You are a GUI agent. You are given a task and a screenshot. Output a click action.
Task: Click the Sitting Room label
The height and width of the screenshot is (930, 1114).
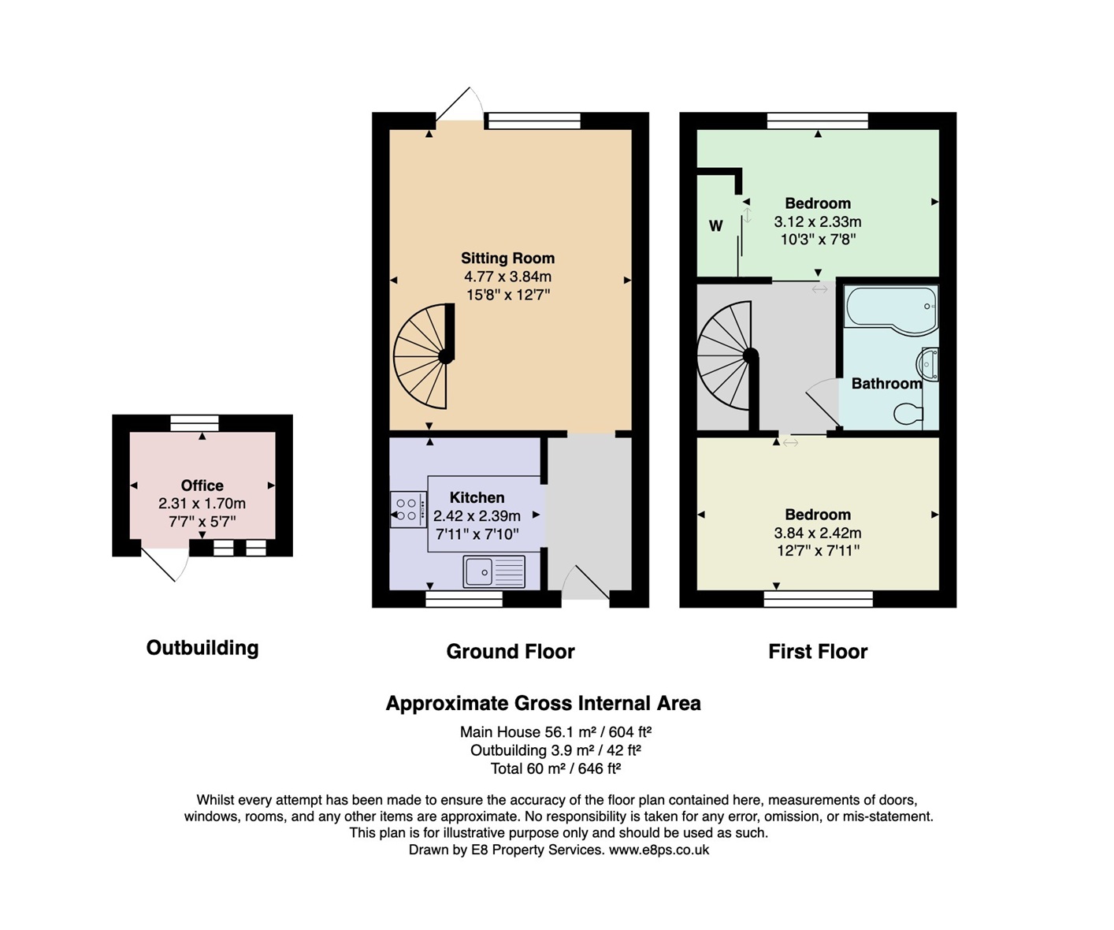pos(507,259)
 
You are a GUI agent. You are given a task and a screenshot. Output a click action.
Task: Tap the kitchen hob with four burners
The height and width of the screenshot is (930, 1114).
pos(409,509)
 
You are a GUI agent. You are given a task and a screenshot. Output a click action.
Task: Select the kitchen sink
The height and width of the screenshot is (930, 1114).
pos(494,571)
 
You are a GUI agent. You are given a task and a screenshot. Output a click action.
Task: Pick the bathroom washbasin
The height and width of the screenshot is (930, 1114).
pos(927,365)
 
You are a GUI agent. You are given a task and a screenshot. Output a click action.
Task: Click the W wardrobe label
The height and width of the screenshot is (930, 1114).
pos(715,226)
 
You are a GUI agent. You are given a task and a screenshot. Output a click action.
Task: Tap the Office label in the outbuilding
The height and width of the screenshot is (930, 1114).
pos(202,485)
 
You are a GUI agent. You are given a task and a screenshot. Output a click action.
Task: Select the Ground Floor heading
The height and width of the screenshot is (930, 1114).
pos(511,651)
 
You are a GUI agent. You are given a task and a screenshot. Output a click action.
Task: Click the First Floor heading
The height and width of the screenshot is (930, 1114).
pos(818,651)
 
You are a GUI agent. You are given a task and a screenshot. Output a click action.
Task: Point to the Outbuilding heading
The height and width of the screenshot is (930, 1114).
pos(202,648)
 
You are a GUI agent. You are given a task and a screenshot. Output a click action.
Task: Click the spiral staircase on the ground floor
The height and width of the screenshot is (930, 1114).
pos(424,356)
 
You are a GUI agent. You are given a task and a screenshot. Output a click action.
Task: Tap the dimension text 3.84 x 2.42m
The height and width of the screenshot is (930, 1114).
pos(818,532)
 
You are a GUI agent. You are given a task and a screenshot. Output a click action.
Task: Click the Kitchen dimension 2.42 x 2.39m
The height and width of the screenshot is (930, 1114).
pos(477,515)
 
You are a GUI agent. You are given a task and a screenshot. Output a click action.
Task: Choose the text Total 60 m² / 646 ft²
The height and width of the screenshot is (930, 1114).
pos(556,768)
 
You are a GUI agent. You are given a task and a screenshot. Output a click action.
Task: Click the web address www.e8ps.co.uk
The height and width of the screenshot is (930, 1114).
pos(659,850)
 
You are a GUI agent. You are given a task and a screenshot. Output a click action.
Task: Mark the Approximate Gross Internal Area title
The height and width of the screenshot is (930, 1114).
pos(543,703)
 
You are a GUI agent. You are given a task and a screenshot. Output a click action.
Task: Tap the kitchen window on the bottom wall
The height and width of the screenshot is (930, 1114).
pos(464,599)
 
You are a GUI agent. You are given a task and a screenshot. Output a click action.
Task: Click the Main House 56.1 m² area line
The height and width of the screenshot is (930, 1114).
pos(556,731)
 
